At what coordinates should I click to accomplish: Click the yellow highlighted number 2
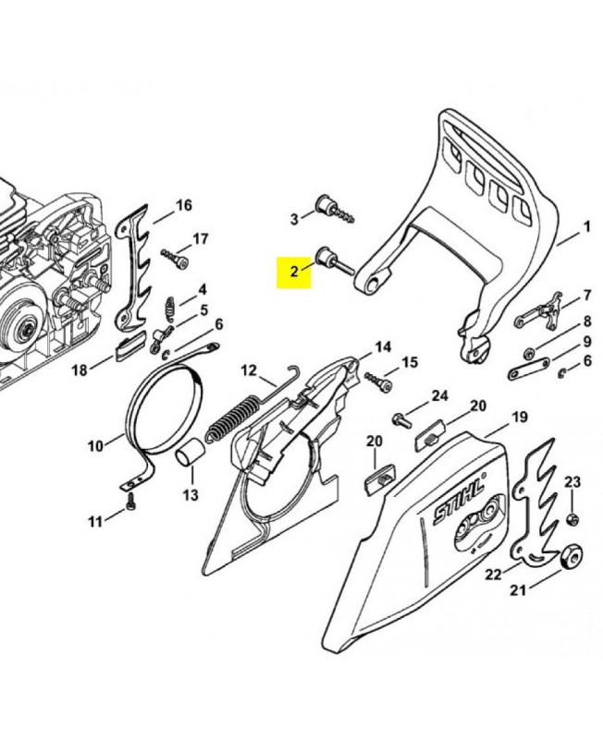(x=294, y=272)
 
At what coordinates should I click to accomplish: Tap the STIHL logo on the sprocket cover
(x=459, y=502)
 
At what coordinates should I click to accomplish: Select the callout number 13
(x=191, y=495)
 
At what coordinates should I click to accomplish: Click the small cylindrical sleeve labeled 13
(x=191, y=454)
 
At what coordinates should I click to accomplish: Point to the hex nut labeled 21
(x=572, y=559)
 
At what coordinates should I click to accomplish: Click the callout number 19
(x=520, y=418)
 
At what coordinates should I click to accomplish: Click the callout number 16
(x=184, y=205)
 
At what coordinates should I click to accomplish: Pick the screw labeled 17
(x=175, y=258)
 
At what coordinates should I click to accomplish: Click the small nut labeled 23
(x=572, y=519)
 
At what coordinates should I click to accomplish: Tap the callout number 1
(x=587, y=226)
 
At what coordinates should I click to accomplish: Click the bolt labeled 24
(x=401, y=419)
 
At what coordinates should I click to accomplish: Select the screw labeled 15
(x=378, y=381)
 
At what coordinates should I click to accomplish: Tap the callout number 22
(x=494, y=575)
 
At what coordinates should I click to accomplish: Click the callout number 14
(x=383, y=347)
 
